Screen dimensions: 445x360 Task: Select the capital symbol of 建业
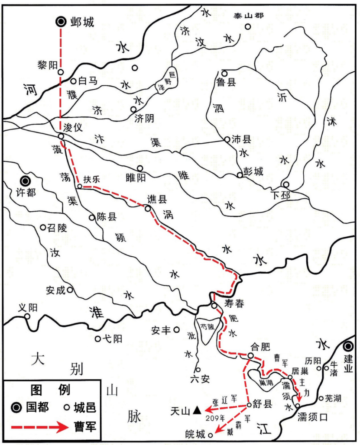[348, 347]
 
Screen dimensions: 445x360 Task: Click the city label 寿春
[235, 303]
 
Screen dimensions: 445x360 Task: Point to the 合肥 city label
[260, 347]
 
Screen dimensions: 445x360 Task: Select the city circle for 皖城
[211, 435]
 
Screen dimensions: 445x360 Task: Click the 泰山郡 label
[249, 16]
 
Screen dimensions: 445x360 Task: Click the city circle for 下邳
[285, 184]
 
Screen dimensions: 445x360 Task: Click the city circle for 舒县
[249, 405]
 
